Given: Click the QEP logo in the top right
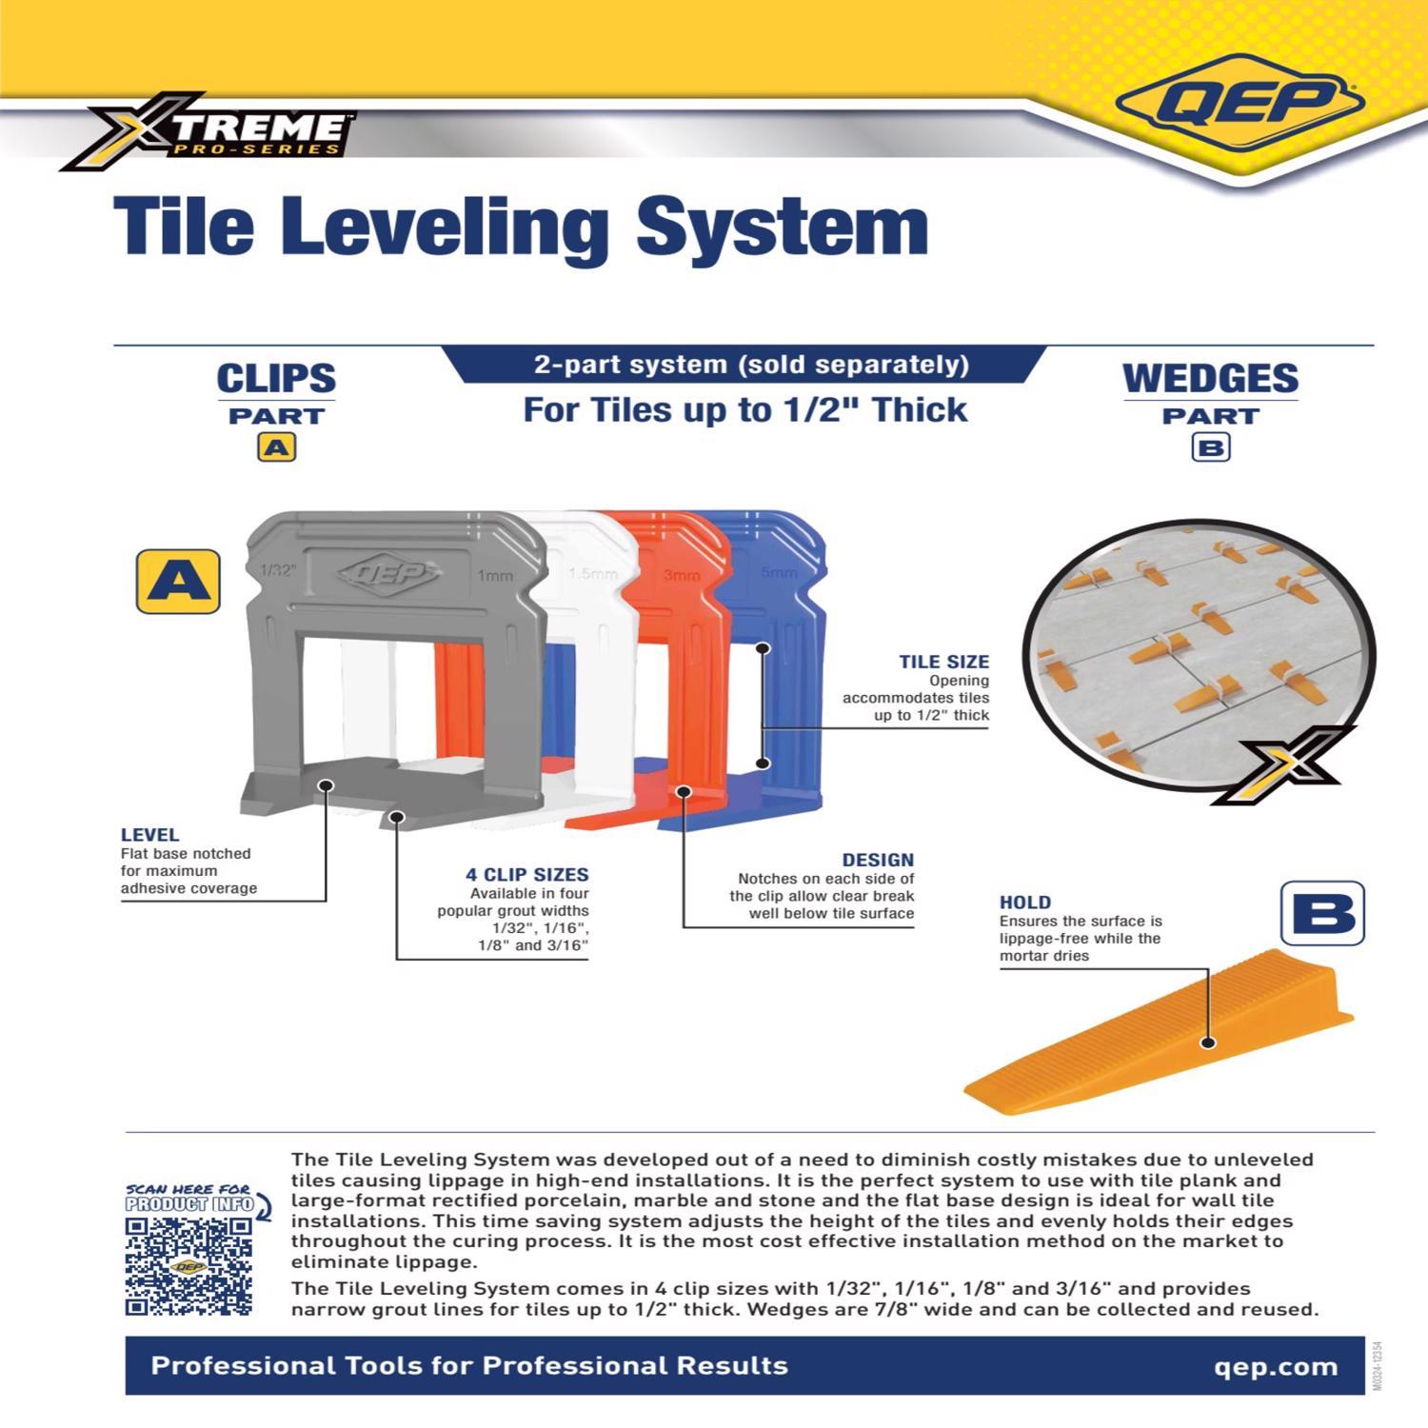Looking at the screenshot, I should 1240,106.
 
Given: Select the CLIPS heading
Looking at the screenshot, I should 276,378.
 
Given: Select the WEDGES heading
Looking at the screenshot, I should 1210,378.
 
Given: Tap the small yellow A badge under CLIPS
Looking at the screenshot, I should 276,446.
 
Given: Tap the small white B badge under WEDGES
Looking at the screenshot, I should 1210,446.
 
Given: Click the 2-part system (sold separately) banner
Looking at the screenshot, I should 750,365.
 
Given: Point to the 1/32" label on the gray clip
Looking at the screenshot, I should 277,570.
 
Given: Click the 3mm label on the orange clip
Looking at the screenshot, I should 682,575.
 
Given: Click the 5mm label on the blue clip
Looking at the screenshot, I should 779,573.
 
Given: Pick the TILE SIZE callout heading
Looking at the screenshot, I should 943,662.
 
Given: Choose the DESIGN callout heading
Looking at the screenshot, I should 877,860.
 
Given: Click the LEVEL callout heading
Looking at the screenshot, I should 149,835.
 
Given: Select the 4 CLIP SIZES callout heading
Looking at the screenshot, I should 526,874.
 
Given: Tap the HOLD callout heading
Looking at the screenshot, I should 1025,902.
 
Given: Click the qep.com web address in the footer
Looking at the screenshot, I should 1276,1367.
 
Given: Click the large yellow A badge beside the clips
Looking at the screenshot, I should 178,581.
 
